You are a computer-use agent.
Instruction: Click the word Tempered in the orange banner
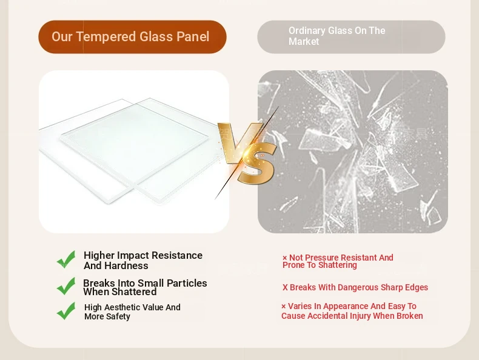pos(106,37)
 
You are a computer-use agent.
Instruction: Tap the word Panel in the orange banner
pos(193,36)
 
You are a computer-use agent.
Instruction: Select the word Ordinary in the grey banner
pos(307,31)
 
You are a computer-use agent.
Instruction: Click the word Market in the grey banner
pos(304,42)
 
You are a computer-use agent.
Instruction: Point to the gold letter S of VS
pos(256,164)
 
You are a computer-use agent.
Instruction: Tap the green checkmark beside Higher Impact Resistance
pos(66,259)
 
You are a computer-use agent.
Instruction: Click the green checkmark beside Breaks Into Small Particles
pos(66,286)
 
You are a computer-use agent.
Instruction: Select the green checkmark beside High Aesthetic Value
pos(66,311)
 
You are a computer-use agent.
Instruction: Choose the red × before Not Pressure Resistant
pos(284,258)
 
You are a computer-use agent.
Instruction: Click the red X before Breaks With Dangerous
pos(285,288)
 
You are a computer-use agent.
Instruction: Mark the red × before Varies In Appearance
pos(284,307)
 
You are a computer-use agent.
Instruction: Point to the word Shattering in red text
pos(338,265)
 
